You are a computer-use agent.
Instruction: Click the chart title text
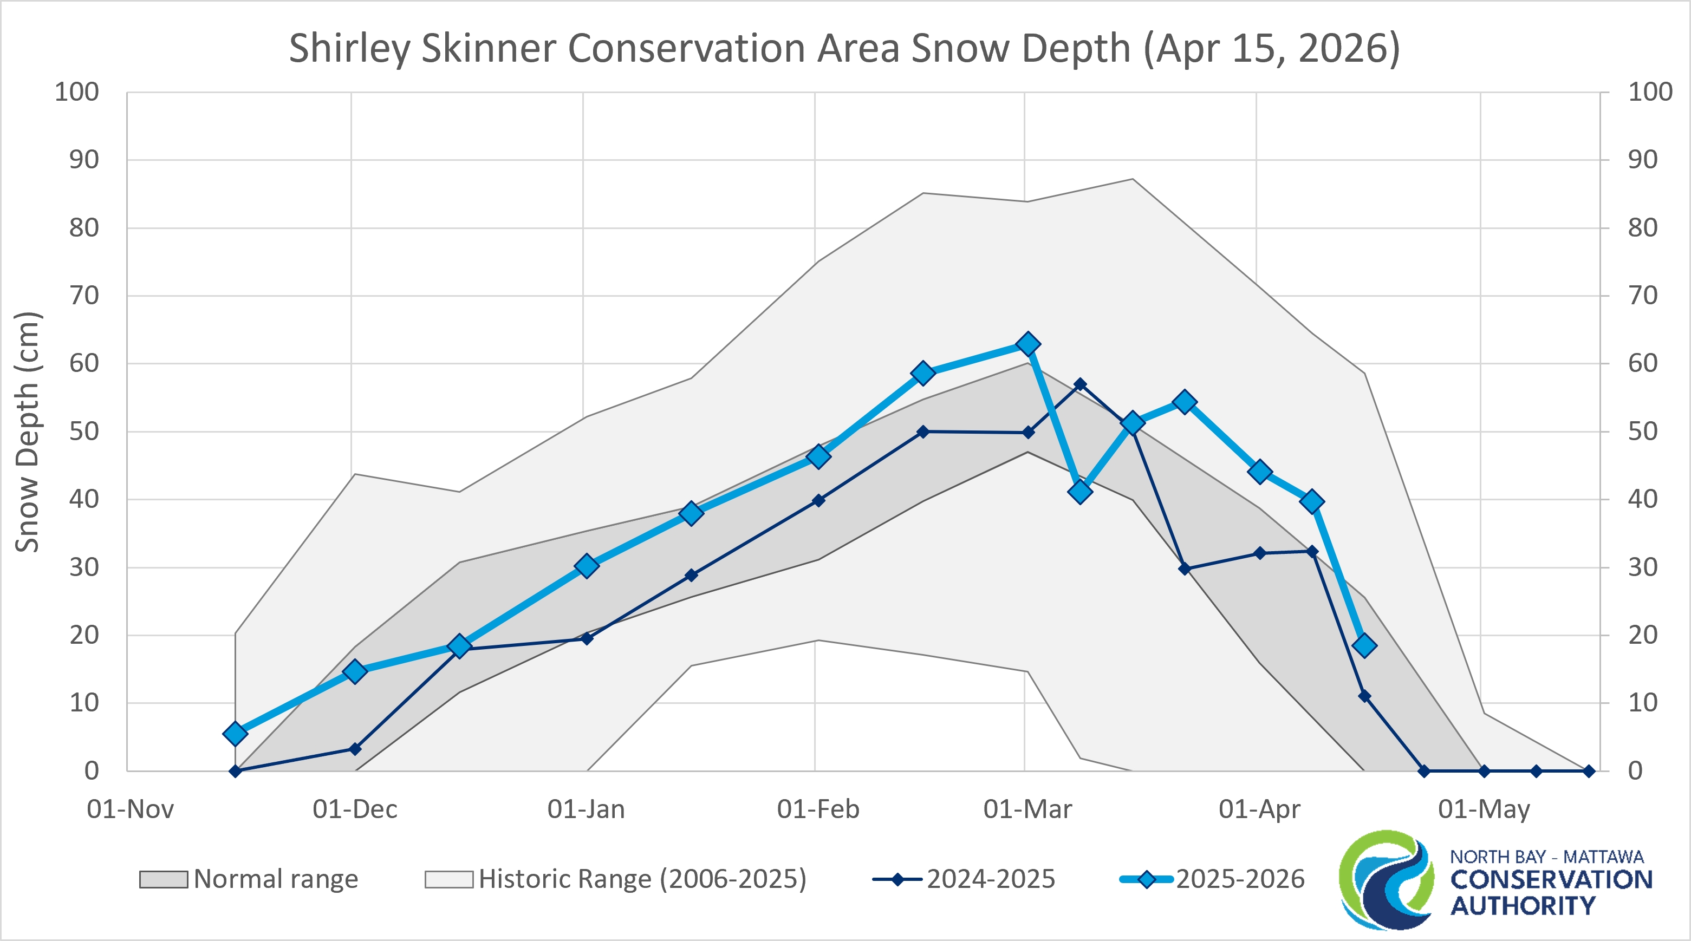pos(844,49)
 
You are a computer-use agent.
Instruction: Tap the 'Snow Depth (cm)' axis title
pos(28,432)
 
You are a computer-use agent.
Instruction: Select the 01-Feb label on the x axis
pos(818,809)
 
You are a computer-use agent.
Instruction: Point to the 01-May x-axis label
pos(1484,809)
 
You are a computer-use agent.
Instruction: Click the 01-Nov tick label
pos(130,809)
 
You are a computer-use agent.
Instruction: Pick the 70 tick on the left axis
pos(84,296)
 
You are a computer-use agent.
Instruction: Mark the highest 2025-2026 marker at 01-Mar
pos(1028,344)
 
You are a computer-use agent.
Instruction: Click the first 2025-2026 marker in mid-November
pos(235,733)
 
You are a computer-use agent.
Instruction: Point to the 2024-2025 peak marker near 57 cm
pos(1080,384)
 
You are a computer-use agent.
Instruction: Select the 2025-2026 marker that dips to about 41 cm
pos(1080,492)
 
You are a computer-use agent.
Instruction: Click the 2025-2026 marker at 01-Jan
pos(587,566)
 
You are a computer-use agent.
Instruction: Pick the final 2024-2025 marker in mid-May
pos(1589,771)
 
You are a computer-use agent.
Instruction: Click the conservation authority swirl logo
pos(1387,879)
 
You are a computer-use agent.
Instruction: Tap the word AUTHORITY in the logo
pos(1523,906)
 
